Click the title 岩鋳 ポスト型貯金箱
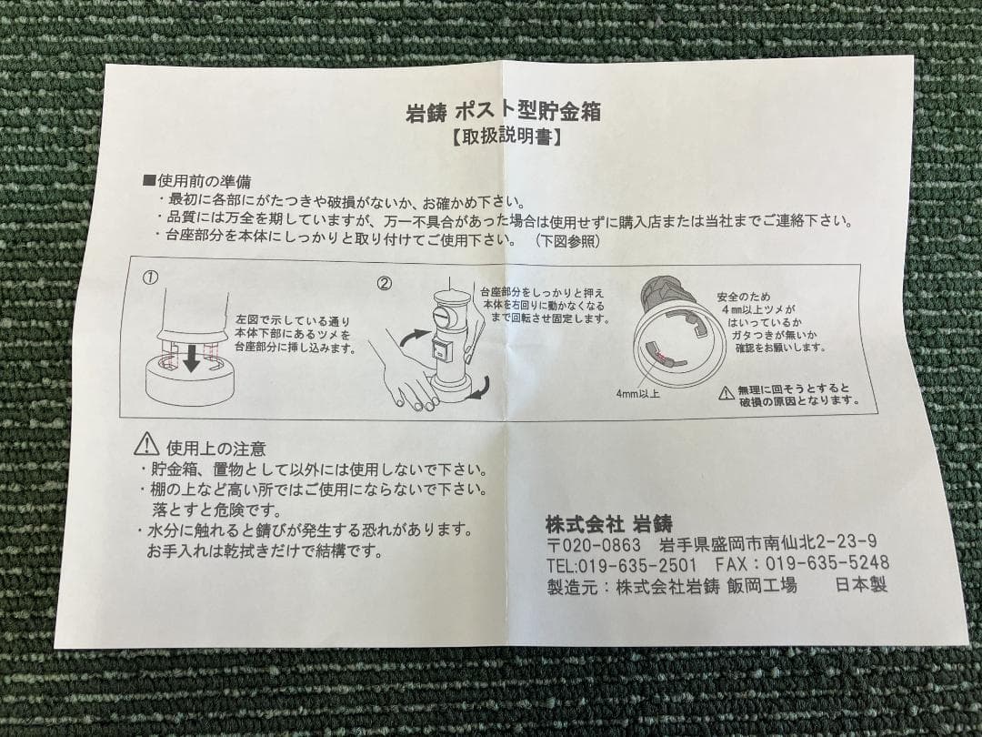503,114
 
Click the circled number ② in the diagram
385,283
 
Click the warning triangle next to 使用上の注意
146,445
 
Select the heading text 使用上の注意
215,448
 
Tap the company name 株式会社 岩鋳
608,523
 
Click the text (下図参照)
566,241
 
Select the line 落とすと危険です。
211,510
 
